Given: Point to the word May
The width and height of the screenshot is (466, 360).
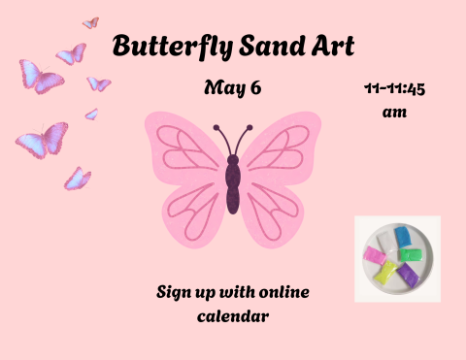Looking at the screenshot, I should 222,88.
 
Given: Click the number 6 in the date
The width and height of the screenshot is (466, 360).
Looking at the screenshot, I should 255,88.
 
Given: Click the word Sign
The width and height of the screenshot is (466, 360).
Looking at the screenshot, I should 178,292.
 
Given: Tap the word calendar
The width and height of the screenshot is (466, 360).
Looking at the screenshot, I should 233,315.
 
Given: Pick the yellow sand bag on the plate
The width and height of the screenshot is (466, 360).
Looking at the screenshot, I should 386,272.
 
